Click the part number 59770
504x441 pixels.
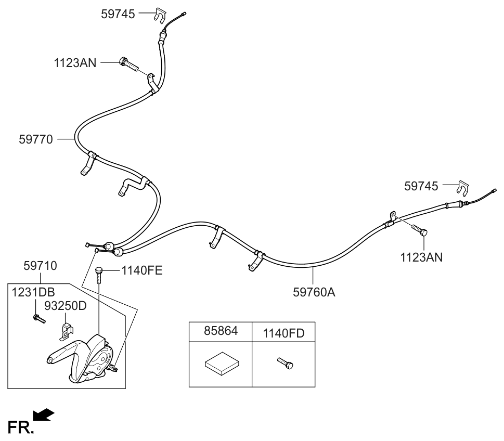click(36, 139)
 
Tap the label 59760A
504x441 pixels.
click(314, 292)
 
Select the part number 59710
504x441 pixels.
click(40, 266)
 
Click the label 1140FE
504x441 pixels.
click(142, 270)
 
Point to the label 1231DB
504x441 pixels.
click(33, 292)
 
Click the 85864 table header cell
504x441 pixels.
click(220, 331)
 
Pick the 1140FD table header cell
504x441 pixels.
click(283, 332)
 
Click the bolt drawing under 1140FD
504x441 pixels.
click(285, 363)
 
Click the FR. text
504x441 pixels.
click(20, 427)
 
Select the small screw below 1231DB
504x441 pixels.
click(38, 318)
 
